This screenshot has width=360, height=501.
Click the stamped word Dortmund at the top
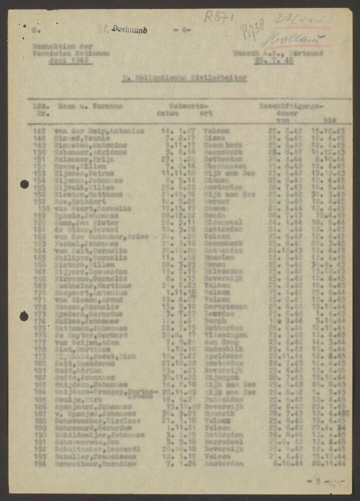[x=129, y=30]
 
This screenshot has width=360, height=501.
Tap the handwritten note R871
[x=218, y=18]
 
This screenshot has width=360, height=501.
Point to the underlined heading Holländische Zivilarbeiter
[x=184, y=78]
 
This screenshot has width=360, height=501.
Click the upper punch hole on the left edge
[x=24, y=184]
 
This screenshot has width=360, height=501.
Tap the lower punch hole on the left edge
[x=24, y=316]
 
